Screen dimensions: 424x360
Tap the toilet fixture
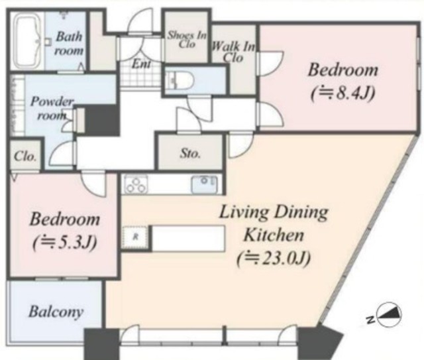coord(180,80)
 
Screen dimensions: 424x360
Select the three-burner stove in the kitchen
coord(136,184)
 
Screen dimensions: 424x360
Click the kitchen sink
coord(205,184)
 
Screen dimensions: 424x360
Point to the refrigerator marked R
coord(135,237)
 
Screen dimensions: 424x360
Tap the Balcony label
coord(56,312)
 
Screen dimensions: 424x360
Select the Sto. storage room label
coord(190,153)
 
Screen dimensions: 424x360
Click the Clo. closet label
coord(25,156)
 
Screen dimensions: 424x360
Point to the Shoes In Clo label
coord(187,40)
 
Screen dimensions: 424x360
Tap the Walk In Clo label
coord(234,52)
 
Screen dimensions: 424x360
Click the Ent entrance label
coord(141,64)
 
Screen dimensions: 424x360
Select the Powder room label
coord(52,108)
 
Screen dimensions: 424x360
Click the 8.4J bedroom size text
coord(343,93)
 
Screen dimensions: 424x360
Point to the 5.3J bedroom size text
coord(64,243)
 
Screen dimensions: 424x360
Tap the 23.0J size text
coord(274,259)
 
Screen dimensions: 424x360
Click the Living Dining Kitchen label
coord(274,223)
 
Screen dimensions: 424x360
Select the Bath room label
coord(69,43)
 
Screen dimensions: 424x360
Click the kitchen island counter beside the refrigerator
coord(188,239)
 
